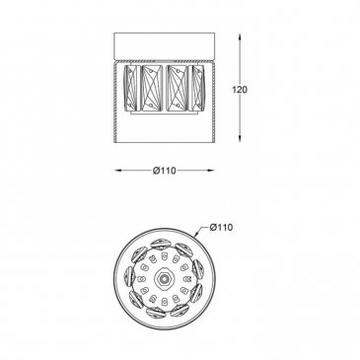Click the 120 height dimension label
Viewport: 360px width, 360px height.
(x=240, y=90)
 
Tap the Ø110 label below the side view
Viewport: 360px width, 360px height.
(x=165, y=171)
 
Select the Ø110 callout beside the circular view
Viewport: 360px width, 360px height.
(x=221, y=227)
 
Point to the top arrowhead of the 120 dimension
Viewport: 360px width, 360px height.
(x=240, y=37)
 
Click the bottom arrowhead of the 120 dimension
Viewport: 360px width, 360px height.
(x=240, y=138)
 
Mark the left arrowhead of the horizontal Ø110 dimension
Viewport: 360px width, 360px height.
(x=119, y=171)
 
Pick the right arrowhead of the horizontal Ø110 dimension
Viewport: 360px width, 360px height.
(x=209, y=171)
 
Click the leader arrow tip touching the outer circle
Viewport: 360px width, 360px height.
(x=196, y=236)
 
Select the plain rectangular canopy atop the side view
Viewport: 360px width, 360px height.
(x=165, y=45)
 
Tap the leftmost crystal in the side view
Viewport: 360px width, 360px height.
(x=131, y=88)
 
